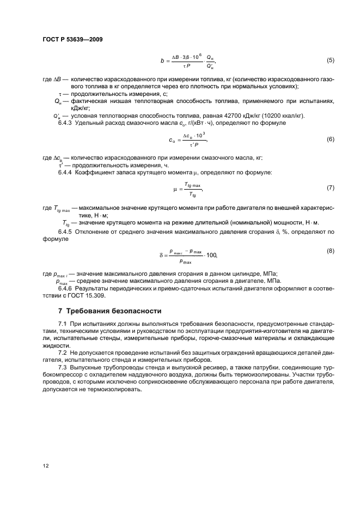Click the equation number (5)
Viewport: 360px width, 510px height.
click(x=330, y=60)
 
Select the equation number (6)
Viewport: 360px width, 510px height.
click(x=330, y=139)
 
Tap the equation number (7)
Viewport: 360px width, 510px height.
click(x=330, y=188)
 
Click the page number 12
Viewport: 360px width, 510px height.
click(x=46, y=466)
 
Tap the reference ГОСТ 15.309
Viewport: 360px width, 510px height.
click(x=87, y=295)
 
